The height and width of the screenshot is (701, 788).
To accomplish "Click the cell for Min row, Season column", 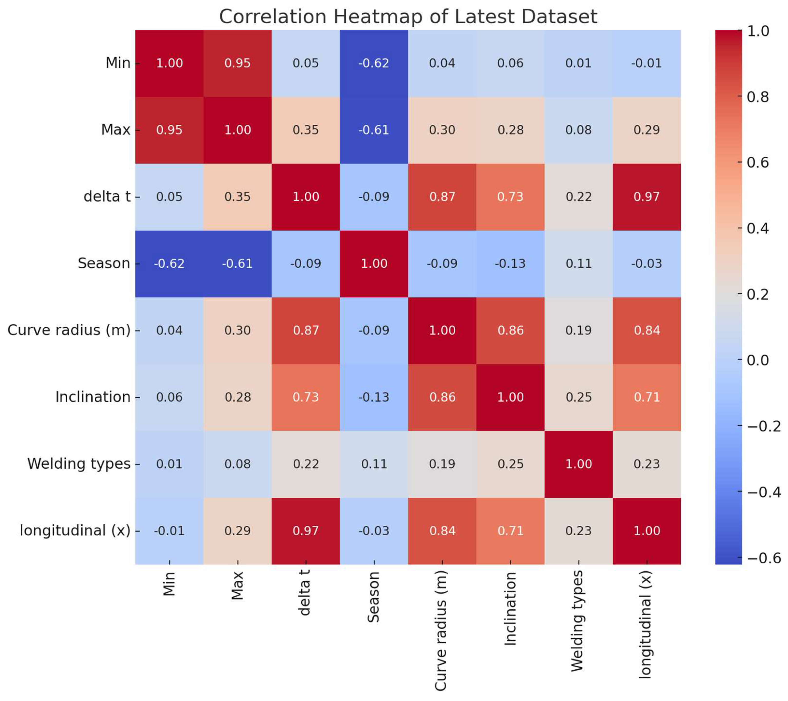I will coord(373,63).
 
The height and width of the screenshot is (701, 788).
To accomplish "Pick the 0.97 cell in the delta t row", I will coord(647,197).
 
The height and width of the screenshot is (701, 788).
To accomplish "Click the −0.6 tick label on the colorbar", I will coord(764,558).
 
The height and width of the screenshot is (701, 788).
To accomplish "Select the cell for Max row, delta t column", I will coord(305,130).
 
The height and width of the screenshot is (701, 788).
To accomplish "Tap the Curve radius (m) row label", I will coord(69,330).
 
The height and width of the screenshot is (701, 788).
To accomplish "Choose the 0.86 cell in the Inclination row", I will coord(442,397).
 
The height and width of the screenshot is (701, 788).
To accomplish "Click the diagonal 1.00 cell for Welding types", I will coord(578,464).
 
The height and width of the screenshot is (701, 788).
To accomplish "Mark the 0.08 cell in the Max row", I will coord(578,130).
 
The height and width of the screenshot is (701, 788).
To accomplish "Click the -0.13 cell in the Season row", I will coord(510,263).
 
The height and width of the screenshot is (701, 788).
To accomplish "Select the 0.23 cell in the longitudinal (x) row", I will coord(578,531).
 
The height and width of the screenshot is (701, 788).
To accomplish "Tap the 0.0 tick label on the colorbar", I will coord(757,360).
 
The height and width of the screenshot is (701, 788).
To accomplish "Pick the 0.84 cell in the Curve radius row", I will coord(647,330).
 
